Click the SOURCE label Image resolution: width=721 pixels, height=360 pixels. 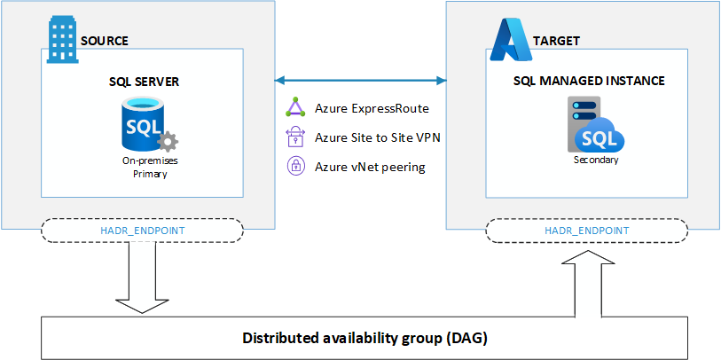pyautogui.click(x=105, y=41)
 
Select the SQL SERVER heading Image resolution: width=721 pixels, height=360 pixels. pyautogui.click(x=144, y=82)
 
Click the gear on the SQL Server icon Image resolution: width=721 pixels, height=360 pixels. pyautogui.click(x=167, y=143)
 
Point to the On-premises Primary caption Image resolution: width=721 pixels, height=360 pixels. pyautogui.click(x=145, y=168)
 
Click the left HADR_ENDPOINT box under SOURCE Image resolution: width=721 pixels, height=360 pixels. pyautogui.click(x=143, y=230)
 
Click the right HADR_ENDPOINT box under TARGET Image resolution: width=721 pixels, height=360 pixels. pyautogui.click(x=586, y=230)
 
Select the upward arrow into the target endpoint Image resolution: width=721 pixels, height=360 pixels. pyautogui.click(x=586, y=279)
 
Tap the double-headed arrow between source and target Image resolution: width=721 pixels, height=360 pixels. pyautogui.click(x=360, y=82)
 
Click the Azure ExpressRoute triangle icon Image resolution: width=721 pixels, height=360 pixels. pyautogui.click(x=294, y=108)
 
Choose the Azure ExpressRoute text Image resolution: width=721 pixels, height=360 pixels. pyautogui.click(x=372, y=109)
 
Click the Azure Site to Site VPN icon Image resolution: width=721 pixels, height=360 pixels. pyautogui.click(x=294, y=137)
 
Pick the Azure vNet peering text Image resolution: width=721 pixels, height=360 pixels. pyautogui.click(x=369, y=166)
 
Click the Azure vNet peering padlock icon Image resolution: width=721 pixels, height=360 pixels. pyautogui.click(x=294, y=166)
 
